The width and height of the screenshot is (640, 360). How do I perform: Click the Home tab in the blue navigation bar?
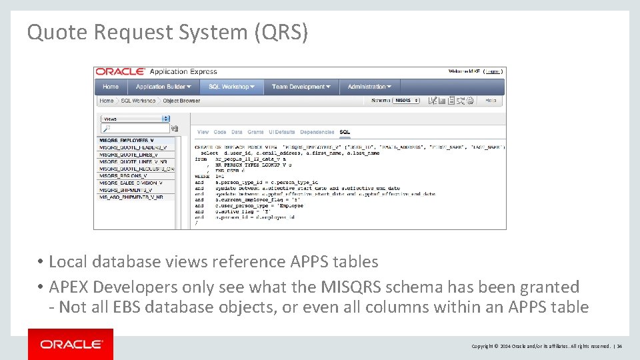point(111,87)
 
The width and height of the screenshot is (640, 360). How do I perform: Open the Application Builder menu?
point(163,87)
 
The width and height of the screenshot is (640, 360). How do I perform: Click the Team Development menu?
point(301,87)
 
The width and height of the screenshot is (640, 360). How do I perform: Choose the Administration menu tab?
point(369,87)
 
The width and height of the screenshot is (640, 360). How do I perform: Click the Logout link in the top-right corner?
point(493,71)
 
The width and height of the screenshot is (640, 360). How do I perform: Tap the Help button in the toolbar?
point(490,101)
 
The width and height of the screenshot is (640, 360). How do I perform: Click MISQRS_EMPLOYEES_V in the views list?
point(127,141)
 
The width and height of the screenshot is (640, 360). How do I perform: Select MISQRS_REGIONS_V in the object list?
point(127,176)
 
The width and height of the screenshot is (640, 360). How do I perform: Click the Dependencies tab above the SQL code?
point(317,132)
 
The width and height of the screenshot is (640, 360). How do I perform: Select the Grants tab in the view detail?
point(255,132)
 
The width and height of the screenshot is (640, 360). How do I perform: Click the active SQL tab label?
point(345,132)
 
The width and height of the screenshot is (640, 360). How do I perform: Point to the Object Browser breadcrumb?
point(181,101)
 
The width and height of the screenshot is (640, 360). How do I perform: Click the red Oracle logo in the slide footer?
point(71,344)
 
